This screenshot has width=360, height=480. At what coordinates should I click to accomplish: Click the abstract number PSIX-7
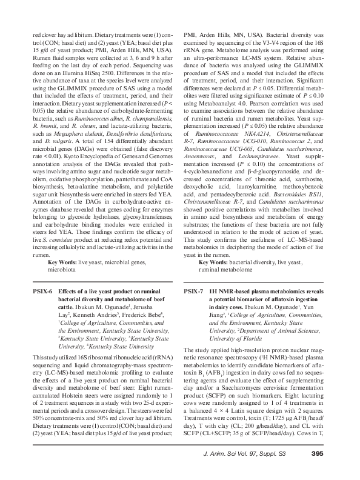(x=194, y=291)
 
